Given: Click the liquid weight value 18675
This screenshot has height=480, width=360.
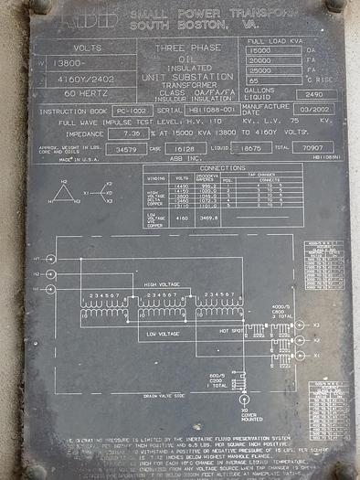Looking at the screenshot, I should (x=249, y=147).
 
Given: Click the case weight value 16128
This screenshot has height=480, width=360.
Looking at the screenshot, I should (x=183, y=147).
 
